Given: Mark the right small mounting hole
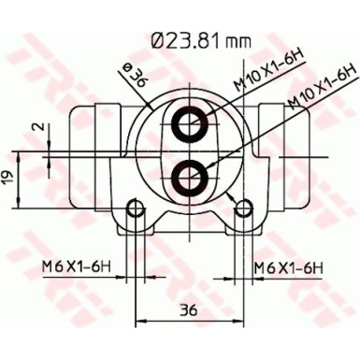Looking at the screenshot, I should (247, 208).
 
